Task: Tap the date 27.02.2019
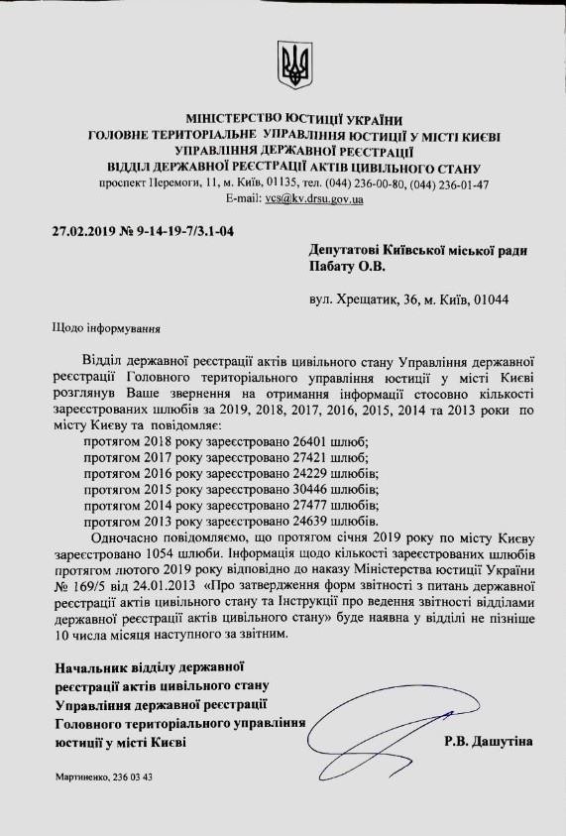click(x=82, y=234)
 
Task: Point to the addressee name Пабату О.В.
click(x=344, y=266)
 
